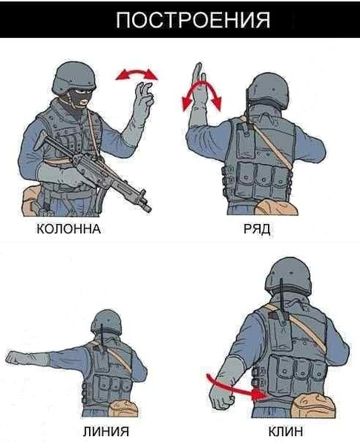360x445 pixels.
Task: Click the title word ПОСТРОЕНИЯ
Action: pos(193,20)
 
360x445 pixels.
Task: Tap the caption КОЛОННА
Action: pos(69,228)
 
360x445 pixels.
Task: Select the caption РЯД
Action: pos(257,228)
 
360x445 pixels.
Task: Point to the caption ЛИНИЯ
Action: pos(106,432)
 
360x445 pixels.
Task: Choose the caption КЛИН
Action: pos(286,432)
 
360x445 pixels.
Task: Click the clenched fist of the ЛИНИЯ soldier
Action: pos(13,357)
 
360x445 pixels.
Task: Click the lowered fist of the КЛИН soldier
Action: pos(222,398)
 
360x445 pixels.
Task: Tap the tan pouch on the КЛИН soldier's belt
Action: pos(314,405)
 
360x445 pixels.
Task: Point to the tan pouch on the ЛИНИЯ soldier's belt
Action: pos(124,408)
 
